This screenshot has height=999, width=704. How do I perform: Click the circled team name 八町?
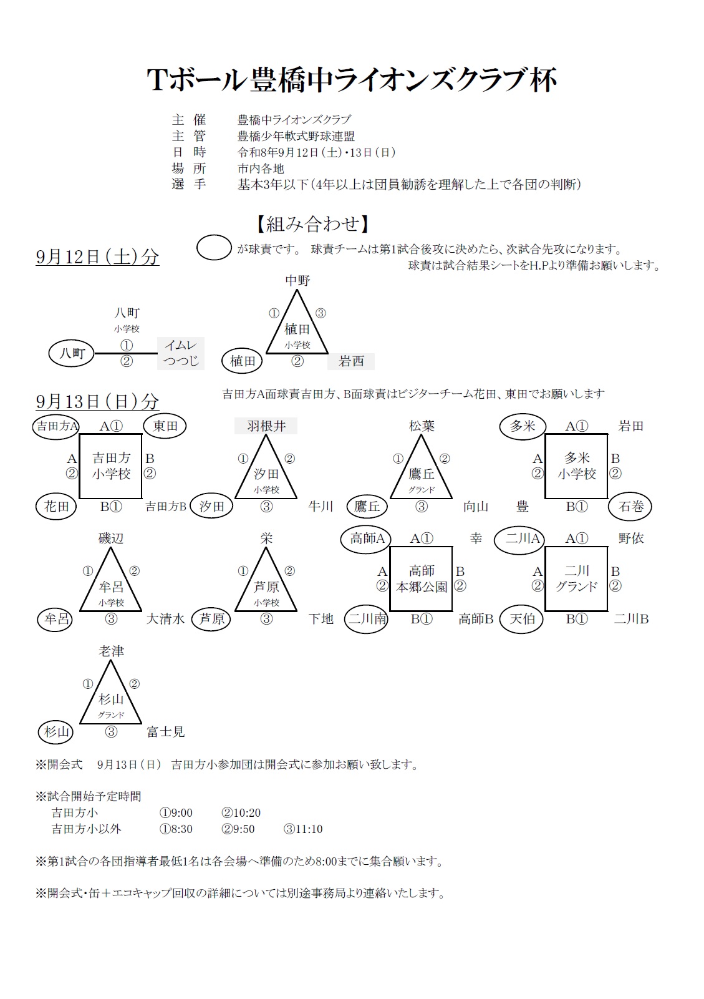[x=71, y=353]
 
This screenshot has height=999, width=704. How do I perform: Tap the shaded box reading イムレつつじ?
[x=180, y=353]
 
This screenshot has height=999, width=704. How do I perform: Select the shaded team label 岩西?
[x=351, y=361]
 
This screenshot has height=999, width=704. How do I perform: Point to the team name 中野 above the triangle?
[x=297, y=281]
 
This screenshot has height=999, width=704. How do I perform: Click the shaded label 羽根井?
[x=266, y=426]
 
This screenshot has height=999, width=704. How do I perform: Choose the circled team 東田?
[x=165, y=426]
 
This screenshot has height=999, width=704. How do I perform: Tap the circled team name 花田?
[x=56, y=507]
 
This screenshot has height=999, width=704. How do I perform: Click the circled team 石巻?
[x=630, y=507]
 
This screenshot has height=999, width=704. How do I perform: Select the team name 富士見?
[x=165, y=732]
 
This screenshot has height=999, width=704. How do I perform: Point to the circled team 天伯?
[x=521, y=619]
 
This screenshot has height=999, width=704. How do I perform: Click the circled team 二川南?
[x=367, y=619]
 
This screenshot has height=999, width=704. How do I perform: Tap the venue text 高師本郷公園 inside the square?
[x=422, y=578]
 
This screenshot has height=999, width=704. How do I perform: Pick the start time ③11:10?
[x=303, y=829]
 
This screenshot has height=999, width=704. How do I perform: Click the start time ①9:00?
[x=176, y=812]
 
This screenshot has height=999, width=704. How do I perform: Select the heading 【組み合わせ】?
[x=313, y=224]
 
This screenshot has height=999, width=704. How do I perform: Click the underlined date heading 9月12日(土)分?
[x=97, y=257]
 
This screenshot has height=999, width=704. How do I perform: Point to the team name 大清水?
[x=165, y=619]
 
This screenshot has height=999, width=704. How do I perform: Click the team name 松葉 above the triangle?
[x=422, y=426]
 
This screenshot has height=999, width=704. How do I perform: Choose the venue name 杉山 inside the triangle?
[x=111, y=699]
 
